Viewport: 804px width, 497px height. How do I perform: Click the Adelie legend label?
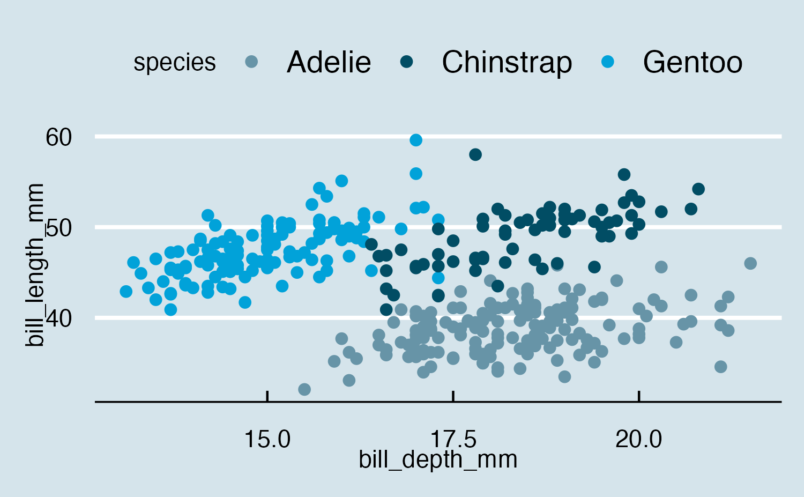[329, 62]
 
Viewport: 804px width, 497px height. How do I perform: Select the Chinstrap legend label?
[507, 62]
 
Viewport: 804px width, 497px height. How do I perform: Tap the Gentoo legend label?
[693, 62]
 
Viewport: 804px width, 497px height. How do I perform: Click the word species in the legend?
[175, 63]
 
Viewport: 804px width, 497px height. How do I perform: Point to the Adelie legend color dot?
[251, 62]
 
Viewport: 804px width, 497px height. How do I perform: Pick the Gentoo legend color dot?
[607, 62]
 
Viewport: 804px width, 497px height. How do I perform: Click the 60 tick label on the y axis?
[58, 137]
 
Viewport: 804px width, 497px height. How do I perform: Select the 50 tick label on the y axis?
[58, 228]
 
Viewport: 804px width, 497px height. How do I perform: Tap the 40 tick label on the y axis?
[58, 318]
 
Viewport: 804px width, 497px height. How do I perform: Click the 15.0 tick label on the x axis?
[267, 440]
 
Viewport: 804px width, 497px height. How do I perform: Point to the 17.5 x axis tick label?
[453, 440]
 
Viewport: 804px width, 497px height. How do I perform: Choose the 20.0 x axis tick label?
[639, 440]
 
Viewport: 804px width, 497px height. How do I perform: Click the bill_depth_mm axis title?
[438, 460]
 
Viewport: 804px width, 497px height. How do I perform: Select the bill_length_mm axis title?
[35, 265]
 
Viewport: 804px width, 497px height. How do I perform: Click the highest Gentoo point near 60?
[415, 140]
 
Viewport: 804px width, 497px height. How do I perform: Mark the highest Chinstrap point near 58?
[475, 154]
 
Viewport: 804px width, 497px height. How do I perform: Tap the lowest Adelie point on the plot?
[304, 389]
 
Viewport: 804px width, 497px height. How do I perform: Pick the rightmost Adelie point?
[750, 263]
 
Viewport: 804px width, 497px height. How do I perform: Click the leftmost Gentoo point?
[126, 292]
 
